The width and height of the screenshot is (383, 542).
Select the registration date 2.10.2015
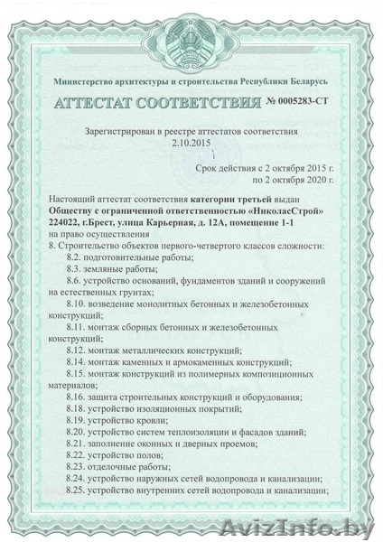[x=193, y=143]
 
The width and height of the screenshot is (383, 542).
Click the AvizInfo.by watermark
[x=327, y=528]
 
